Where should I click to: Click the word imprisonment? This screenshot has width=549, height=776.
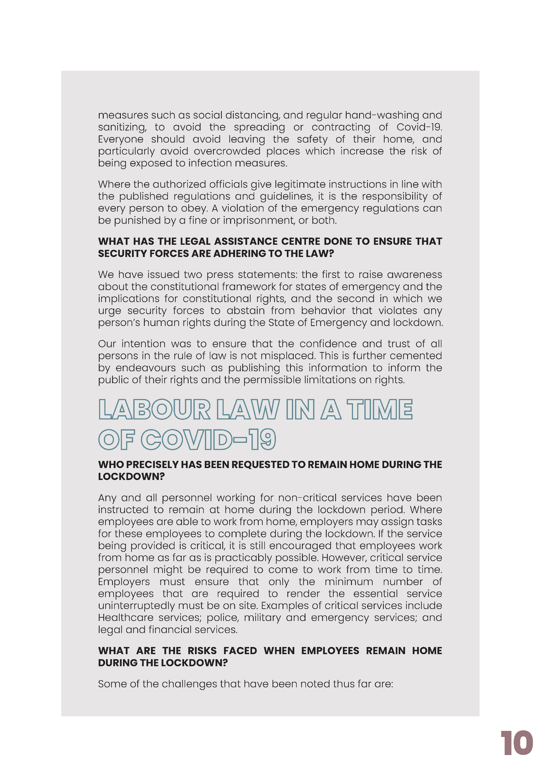258,220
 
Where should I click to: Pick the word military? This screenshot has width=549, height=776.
262,618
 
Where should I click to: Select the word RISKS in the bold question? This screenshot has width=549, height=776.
202,651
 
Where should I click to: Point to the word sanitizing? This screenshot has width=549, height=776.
122,127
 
